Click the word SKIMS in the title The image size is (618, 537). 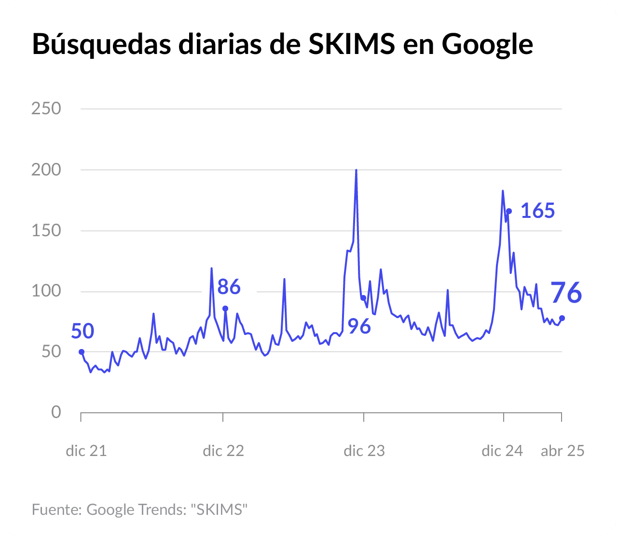pos(351,44)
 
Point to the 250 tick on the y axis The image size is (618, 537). pos(46,108)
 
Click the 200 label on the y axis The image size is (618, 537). pos(46,170)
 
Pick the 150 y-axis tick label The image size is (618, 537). pos(46,230)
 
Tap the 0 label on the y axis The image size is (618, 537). pos(56,412)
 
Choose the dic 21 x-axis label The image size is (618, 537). pos(86,451)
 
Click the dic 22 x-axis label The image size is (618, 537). pos(223,451)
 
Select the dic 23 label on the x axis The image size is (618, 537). pos(364,451)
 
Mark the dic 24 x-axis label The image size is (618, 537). pos(502,451)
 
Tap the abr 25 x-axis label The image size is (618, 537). pos(563,451)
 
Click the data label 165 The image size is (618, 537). pos(537,211)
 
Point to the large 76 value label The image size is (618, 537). pos(566,293)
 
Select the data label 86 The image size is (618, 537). pos(229,287)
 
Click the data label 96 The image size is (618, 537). pos(359,327)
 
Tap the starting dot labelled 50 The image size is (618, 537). pos(81,352)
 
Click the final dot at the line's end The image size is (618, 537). pos(562,318)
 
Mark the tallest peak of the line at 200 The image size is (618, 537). pos(356,170)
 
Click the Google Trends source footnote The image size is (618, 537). pos(140,510)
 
